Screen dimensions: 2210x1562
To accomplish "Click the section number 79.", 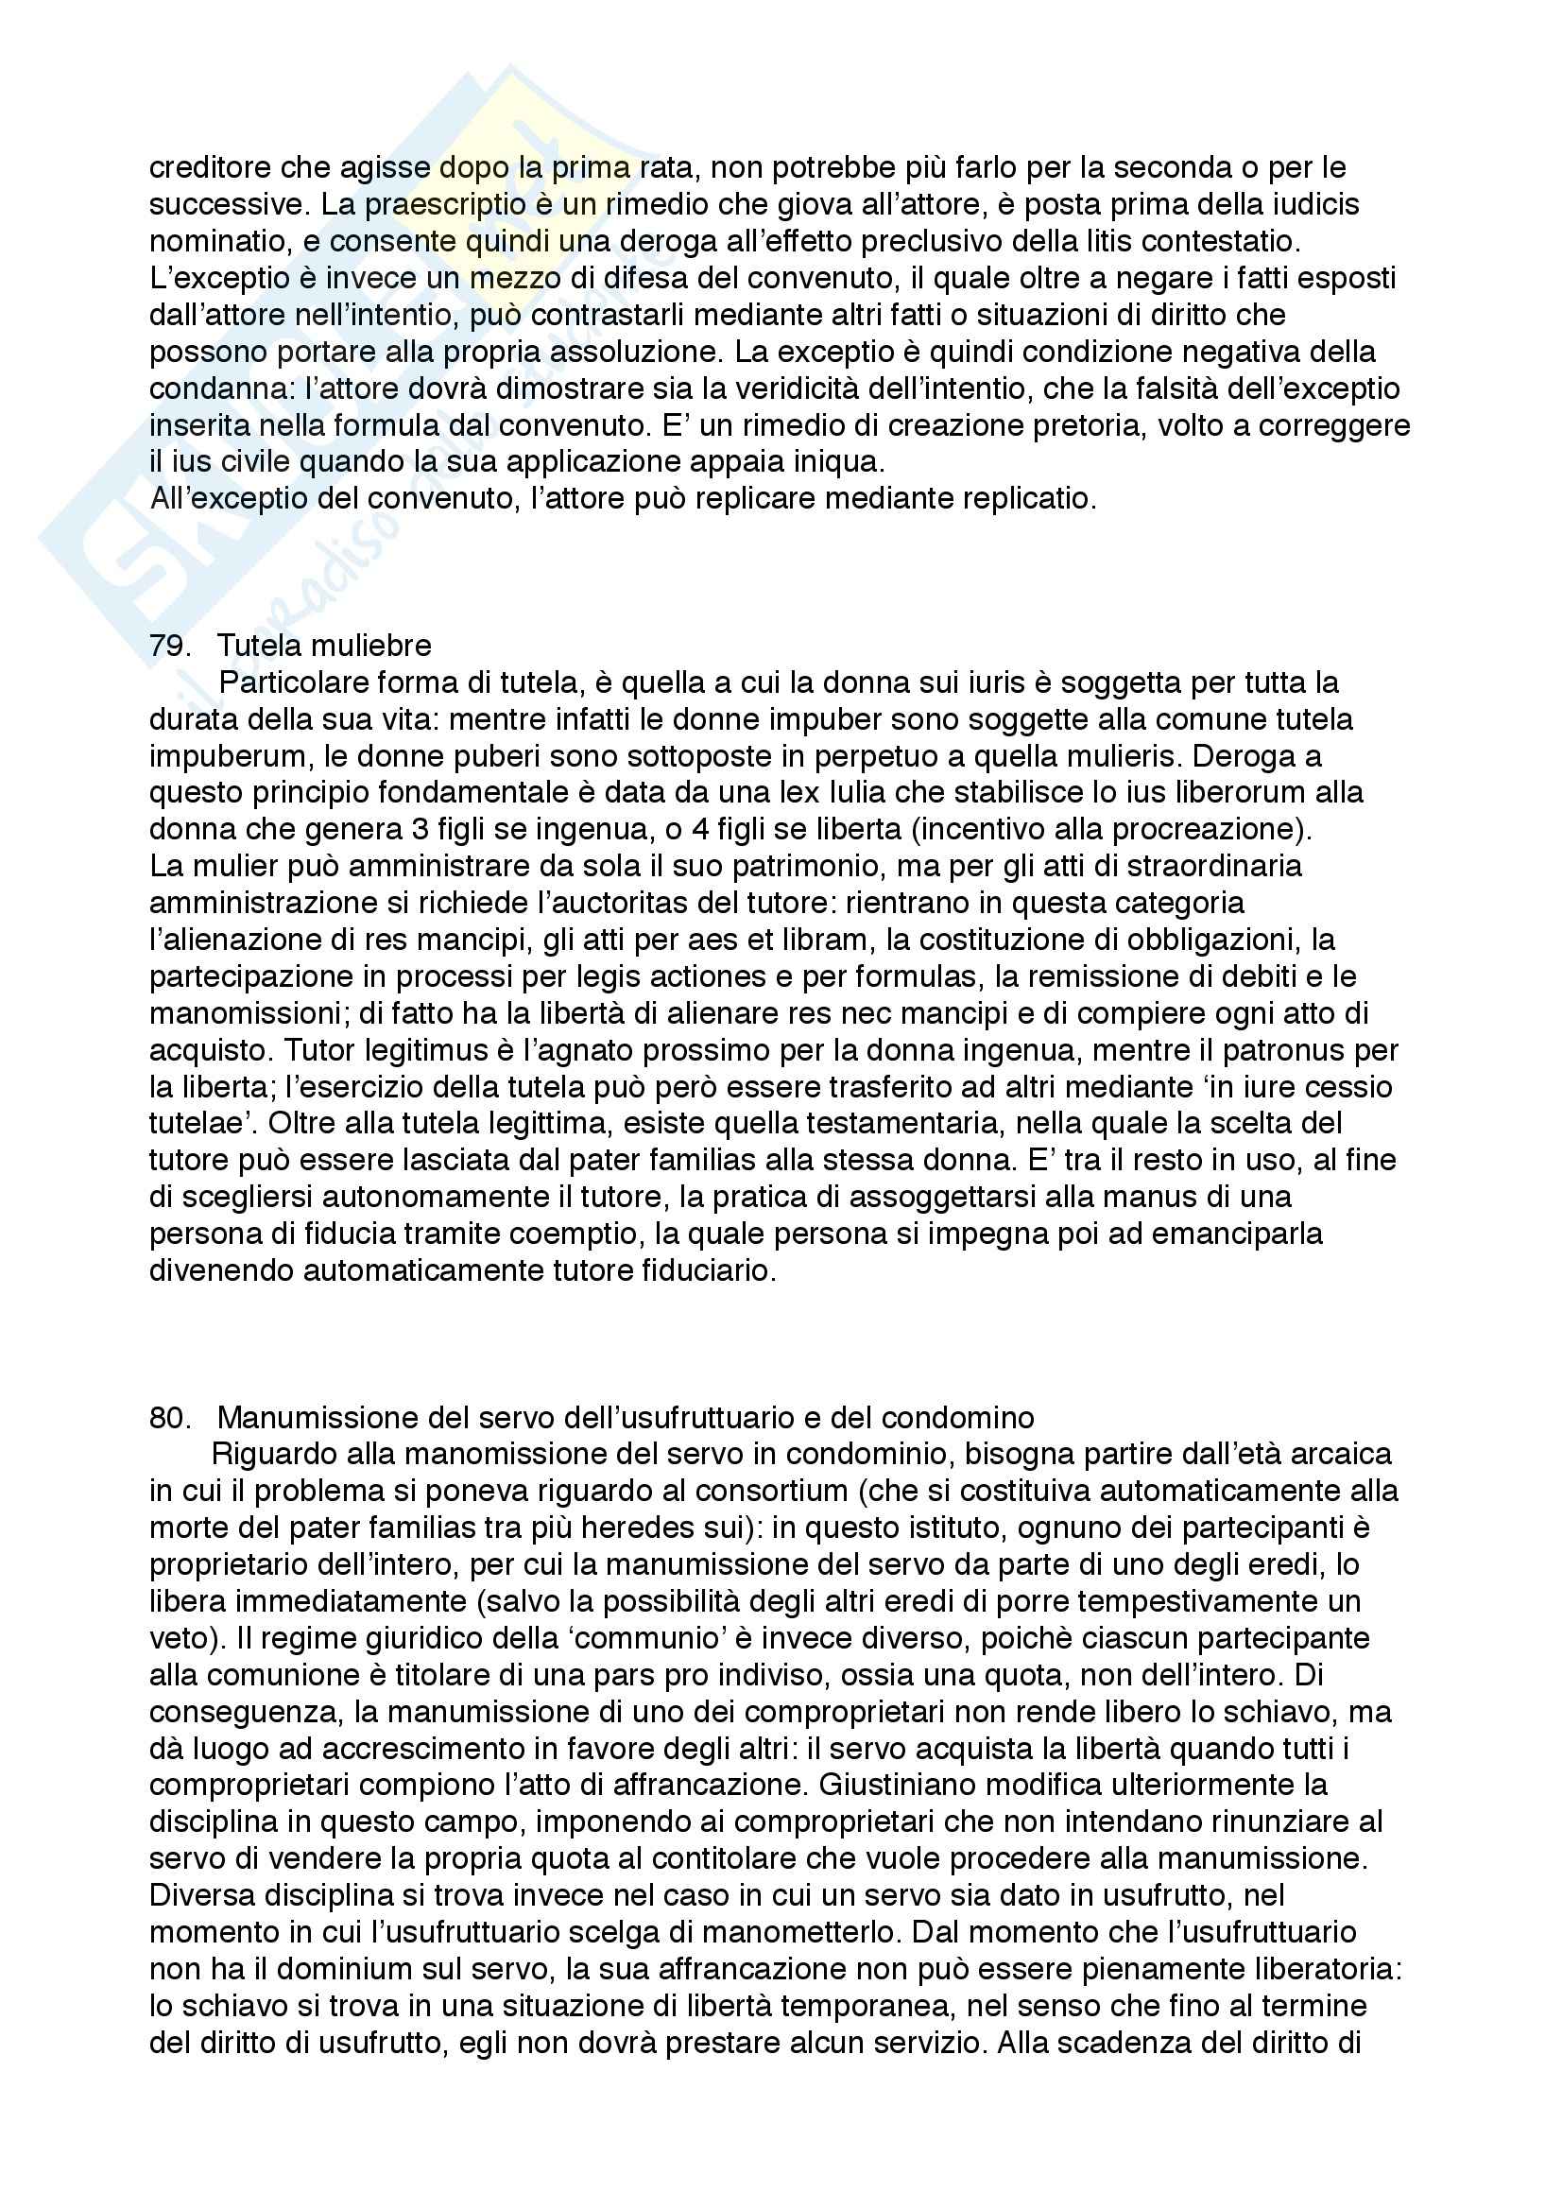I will coord(169,646).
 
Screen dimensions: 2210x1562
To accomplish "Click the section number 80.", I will coord(169,1418).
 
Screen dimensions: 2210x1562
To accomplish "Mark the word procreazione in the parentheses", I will coord(1207,830).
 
